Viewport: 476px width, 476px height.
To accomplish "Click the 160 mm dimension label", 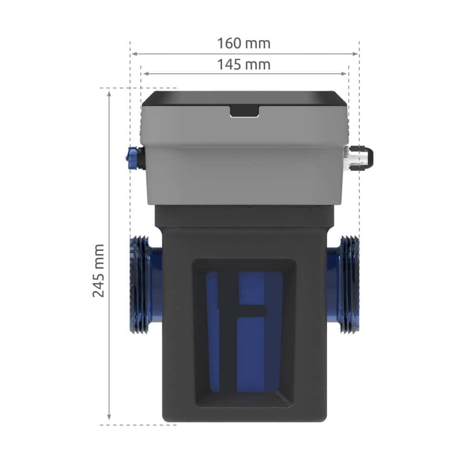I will click(244, 43).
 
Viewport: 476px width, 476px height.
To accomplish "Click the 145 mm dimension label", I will click(244, 64).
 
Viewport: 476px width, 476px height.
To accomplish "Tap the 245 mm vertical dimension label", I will click(98, 270).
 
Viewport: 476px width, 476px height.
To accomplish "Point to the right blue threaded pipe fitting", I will click(346, 284).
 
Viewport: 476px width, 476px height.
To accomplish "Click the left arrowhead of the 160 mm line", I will click(133, 54).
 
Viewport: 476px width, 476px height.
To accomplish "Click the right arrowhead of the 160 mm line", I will click(357, 54).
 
